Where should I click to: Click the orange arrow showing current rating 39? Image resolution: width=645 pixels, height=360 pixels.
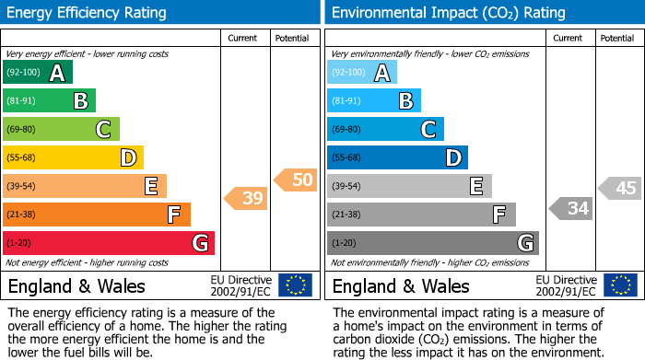(246, 198)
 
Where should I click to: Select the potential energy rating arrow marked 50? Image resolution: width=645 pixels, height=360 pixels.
(295, 180)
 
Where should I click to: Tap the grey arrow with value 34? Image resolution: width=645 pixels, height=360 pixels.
(570, 209)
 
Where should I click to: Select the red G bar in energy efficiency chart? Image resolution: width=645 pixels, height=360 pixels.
(109, 243)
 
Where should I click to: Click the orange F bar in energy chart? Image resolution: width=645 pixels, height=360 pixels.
(97, 215)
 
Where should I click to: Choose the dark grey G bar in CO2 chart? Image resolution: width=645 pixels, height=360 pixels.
(432, 243)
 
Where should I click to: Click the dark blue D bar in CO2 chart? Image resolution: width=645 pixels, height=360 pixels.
(397, 158)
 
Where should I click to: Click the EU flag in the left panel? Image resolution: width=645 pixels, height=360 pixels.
(295, 285)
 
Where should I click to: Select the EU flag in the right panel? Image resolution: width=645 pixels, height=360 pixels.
(620, 285)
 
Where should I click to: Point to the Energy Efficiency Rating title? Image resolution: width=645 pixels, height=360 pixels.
(88, 13)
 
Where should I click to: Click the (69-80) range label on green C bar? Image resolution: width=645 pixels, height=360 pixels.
(22, 130)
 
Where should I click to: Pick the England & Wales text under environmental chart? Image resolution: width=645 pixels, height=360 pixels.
(400, 285)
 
